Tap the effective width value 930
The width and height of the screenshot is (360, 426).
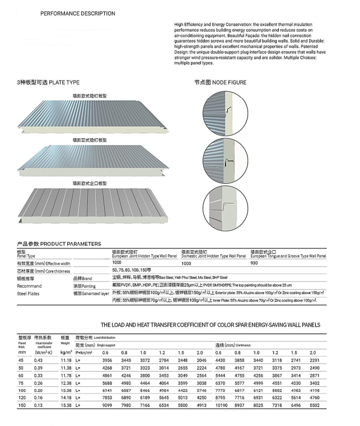pyautogui.click(x=255, y=263)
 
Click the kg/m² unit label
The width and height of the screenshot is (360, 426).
pyautogui.click(x=66, y=352)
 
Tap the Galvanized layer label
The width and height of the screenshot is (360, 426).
pyautogui.click(x=97, y=292)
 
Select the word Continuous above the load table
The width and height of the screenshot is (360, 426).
pyautogui.click(x=248, y=345)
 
